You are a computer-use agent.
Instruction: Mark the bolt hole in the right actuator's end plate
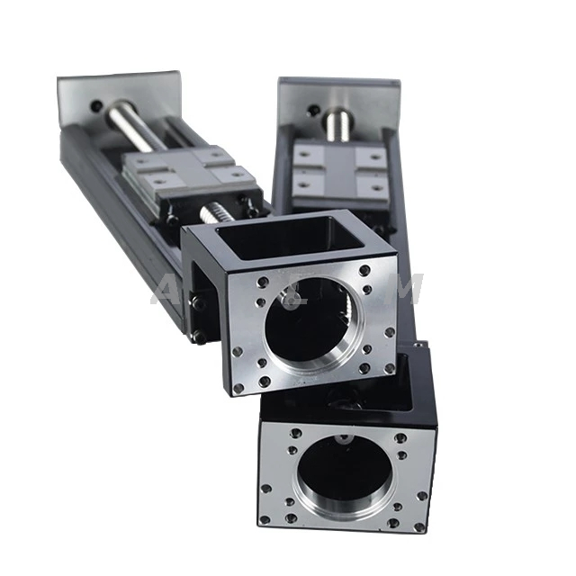point(310,112)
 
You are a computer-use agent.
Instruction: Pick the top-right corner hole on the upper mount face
point(364,268)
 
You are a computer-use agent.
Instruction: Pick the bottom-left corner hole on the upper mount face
point(238,389)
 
